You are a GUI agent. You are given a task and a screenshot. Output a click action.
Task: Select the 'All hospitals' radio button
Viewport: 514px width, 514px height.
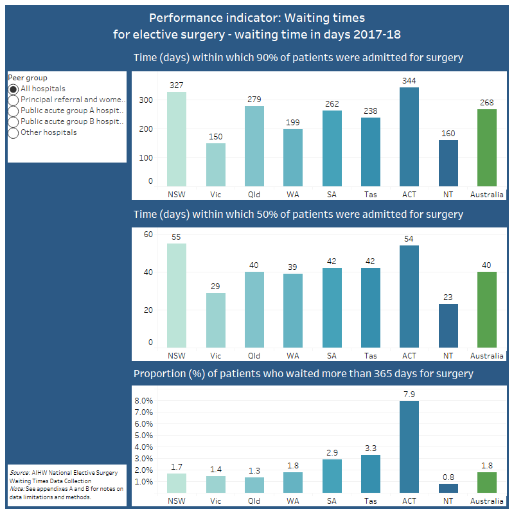pos(13,89)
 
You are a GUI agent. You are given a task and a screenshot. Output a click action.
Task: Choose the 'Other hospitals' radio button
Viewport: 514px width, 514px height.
pos(13,133)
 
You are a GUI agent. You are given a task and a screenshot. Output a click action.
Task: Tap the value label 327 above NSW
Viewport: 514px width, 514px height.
pos(177,85)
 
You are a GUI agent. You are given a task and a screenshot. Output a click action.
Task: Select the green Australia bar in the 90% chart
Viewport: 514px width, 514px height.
pos(487,147)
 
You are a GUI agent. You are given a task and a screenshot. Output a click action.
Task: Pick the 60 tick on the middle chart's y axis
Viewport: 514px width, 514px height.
pos(148,235)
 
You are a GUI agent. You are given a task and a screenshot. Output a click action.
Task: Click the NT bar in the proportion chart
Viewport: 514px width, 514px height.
pos(448,488)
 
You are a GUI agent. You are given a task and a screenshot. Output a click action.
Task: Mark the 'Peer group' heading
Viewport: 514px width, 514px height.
pos(27,78)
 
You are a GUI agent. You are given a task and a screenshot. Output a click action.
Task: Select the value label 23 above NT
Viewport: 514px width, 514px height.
pos(448,297)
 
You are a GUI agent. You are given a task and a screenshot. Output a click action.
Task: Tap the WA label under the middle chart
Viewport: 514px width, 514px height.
pos(293,355)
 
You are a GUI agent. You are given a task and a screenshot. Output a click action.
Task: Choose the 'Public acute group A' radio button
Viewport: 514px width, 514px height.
pos(13,111)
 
